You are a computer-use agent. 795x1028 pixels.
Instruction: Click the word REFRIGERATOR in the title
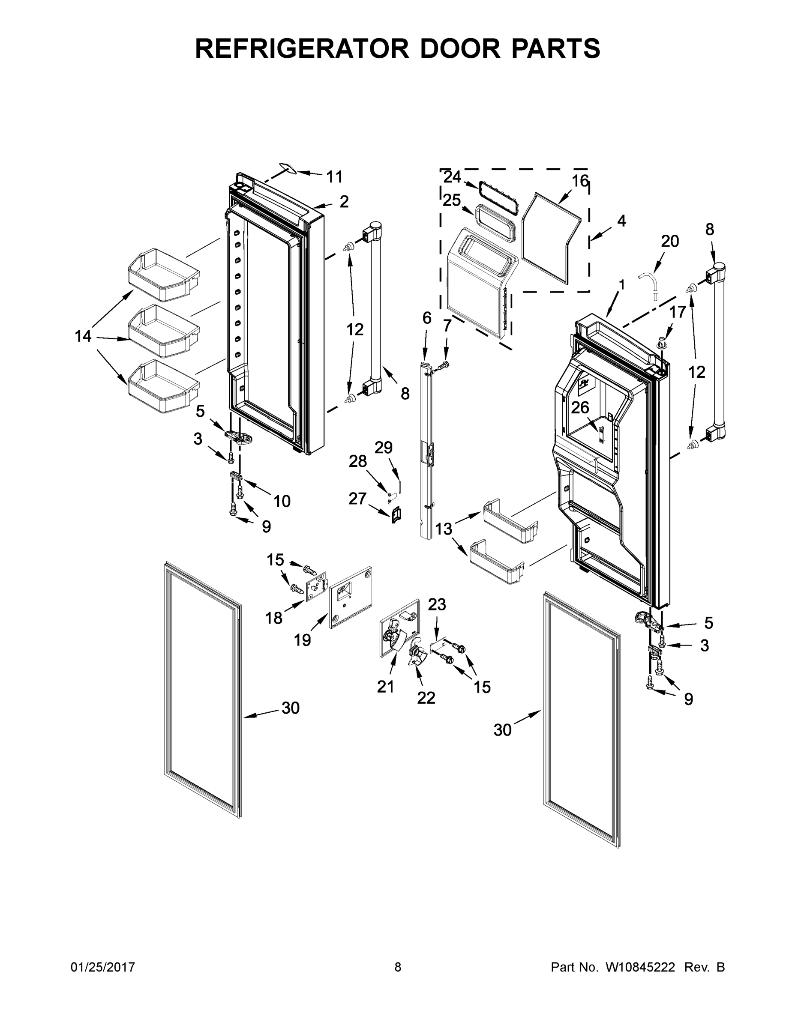tap(301, 48)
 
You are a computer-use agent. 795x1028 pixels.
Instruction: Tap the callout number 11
tap(334, 177)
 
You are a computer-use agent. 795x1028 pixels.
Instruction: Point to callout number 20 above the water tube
tap(670, 241)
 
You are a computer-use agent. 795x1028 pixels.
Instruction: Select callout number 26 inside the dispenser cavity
tap(580, 407)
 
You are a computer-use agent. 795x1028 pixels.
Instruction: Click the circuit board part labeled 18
tap(316, 587)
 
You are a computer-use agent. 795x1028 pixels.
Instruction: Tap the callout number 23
tap(437, 604)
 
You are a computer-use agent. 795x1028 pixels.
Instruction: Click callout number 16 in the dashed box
tap(580, 181)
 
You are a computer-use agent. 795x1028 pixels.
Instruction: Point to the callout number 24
tap(452, 177)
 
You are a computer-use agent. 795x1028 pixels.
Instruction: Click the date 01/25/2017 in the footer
tap(103, 967)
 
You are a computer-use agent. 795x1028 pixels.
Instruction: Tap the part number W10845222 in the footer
tap(637, 967)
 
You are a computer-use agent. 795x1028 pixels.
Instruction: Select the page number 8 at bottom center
tap(398, 967)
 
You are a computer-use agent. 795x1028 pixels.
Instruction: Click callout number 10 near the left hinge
tap(282, 501)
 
